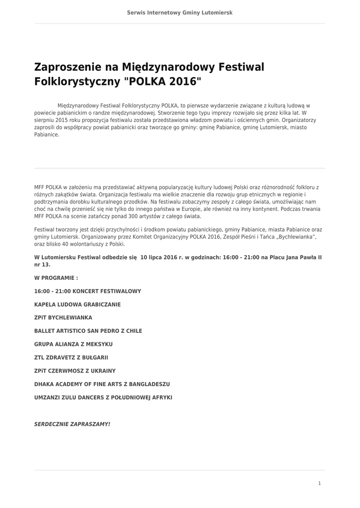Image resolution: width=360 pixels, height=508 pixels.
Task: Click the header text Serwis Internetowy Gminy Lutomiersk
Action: click(x=180, y=12)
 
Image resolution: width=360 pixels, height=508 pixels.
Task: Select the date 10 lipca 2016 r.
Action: click(x=159, y=257)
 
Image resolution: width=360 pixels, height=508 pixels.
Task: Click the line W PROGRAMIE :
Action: click(x=56, y=278)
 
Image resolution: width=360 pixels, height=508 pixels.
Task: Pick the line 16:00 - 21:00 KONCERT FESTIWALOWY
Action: click(x=88, y=291)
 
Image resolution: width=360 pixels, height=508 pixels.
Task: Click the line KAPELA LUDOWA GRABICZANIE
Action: click(x=77, y=304)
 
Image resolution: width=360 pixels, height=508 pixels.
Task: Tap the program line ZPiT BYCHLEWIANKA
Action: click(x=63, y=317)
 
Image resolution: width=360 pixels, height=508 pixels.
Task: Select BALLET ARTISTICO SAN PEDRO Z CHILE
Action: click(x=88, y=331)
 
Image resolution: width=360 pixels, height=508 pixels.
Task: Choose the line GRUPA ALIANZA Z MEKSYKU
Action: click(x=73, y=344)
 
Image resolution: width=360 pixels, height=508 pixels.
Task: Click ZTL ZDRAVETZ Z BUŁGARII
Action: click(x=71, y=358)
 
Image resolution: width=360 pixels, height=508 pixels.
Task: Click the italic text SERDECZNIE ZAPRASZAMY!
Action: click(x=72, y=425)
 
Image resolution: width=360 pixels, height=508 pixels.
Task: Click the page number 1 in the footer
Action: click(x=320, y=483)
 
